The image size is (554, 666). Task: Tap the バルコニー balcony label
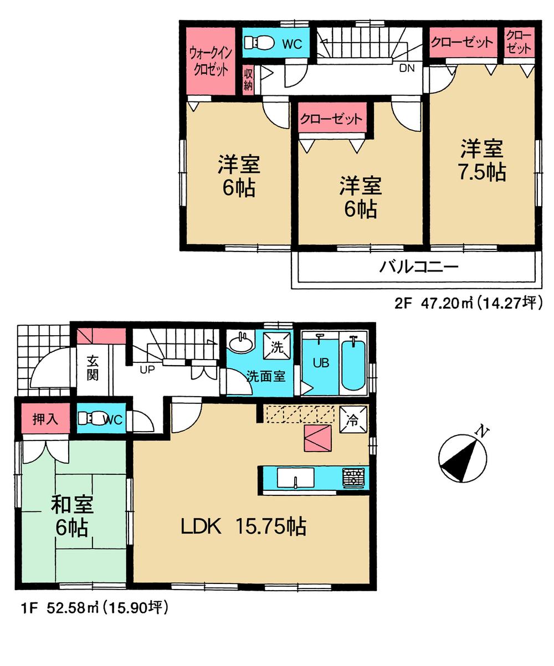coord(419,268)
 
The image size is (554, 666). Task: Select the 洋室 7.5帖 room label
coord(482,161)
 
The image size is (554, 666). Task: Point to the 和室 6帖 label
coord(72,516)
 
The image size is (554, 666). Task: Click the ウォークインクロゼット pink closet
coord(209,61)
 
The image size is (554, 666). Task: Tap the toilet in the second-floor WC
coord(258,43)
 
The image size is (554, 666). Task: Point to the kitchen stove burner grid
coord(353,478)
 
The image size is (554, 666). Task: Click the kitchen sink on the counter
coord(295,478)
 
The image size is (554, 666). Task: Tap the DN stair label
coord(407,68)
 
